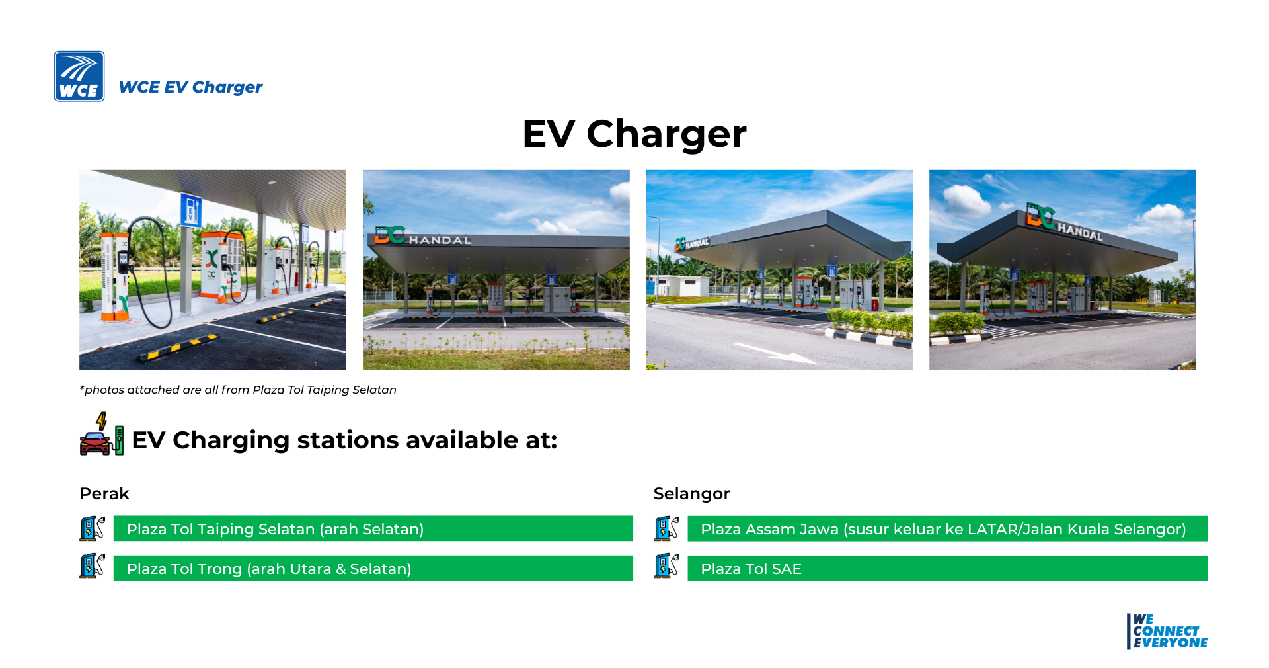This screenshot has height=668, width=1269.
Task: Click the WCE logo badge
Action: pos(79,76)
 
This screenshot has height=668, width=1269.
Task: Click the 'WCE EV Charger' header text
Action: pos(190,87)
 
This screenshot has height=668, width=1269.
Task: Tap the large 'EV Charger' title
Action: pos(634,134)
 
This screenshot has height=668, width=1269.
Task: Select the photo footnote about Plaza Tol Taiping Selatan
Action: pos(238,390)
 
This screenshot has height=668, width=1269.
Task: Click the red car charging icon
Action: pos(101,435)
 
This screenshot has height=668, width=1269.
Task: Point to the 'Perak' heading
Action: pos(104,493)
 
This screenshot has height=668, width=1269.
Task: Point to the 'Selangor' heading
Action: pos(691,493)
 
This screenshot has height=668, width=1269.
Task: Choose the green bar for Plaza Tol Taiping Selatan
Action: pos(373,528)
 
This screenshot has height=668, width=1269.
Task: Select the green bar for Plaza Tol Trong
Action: pos(373,568)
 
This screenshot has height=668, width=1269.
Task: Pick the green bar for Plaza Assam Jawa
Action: pos(947,528)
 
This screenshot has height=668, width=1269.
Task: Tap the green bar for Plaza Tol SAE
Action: pos(947,568)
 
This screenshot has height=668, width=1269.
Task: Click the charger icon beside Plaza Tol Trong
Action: pos(93,566)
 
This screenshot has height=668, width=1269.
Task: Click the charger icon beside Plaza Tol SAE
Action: pos(666,566)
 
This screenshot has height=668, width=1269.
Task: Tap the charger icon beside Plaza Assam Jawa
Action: pos(666,528)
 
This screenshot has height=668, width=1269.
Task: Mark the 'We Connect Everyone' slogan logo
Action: pos(1167,632)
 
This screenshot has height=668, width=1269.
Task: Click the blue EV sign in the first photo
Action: pos(191,210)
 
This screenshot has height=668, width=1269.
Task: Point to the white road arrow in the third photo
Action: pos(777,354)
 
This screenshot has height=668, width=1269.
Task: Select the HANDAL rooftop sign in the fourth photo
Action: pos(1063,223)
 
